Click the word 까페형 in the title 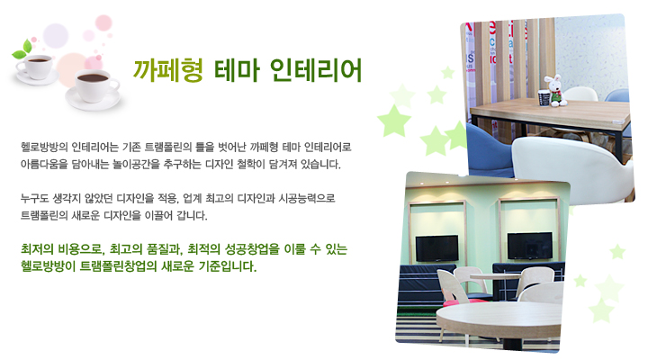pos(167,70)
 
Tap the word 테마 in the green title pos(237,70)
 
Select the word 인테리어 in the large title pos(316,70)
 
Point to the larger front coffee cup pos(94,88)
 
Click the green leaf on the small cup pos(22,49)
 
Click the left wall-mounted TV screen pos(436,247)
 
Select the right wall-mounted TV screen pos(530,246)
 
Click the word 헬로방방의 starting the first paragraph pos(44,147)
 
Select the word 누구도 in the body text pos(34,198)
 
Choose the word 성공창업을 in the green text pos(253,249)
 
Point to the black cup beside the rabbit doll pos(544,98)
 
